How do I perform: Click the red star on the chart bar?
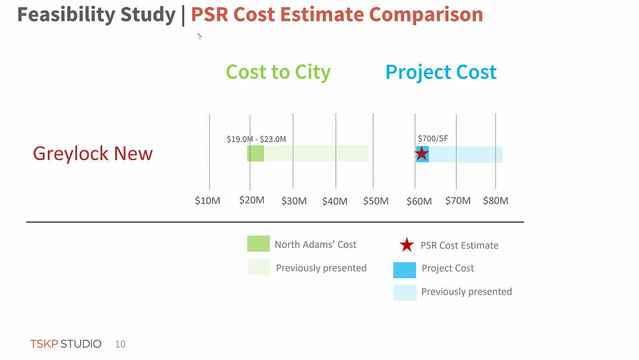[422, 154]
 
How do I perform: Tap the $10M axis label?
[208, 201]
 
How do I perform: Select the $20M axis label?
[252, 200]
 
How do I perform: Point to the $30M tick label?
[293, 201]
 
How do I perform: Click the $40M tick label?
[335, 201]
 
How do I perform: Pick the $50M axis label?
[375, 201]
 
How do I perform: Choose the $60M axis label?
[419, 201]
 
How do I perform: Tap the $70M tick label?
[458, 200]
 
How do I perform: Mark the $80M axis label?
[495, 200]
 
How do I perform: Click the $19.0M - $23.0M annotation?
[256, 139]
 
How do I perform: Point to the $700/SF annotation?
[433, 139]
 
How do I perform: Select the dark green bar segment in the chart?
[255, 154]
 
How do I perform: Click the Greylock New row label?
[92, 154]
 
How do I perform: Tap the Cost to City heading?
[278, 72]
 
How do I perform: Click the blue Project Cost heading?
[441, 72]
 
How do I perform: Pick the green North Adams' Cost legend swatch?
[258, 244]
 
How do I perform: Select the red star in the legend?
[407, 245]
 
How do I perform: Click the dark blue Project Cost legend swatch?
[405, 269]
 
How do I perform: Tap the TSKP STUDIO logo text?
[65, 344]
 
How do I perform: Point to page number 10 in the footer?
[120, 344]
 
